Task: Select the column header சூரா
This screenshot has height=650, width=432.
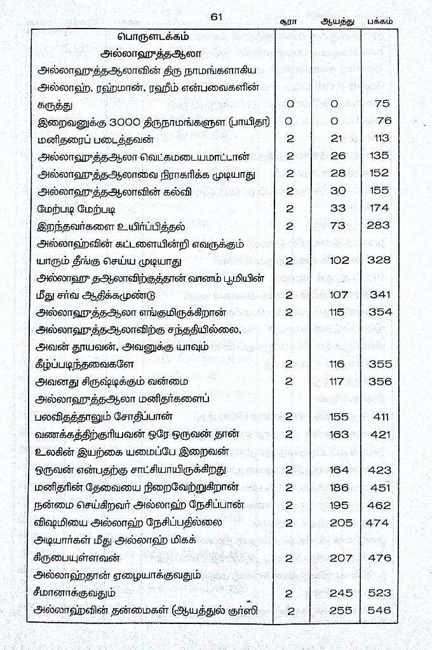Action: click(x=288, y=21)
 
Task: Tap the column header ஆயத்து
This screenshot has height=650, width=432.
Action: click(x=335, y=21)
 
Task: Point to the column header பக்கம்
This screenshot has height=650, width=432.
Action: click(x=380, y=21)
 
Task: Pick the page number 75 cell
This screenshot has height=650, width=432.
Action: click(x=382, y=103)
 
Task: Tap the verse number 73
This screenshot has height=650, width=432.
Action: click(x=337, y=225)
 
